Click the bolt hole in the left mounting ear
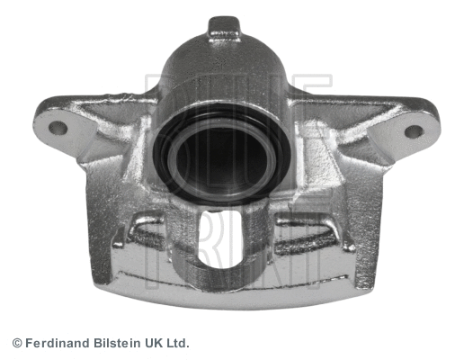(x=58, y=128)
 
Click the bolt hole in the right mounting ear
(x=414, y=131)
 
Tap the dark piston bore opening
(x=222, y=159)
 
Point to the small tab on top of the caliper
(x=224, y=28)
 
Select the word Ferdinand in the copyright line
(x=58, y=344)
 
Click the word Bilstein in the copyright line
(x=117, y=344)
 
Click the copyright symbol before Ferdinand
(x=17, y=344)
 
